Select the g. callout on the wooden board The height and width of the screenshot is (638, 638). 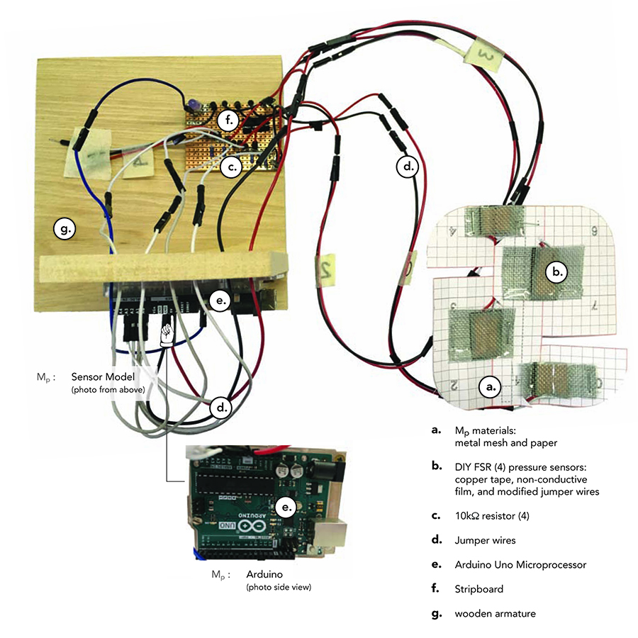[63, 229]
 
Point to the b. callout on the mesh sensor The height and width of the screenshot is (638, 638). [557, 270]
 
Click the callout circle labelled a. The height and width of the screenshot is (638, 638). [491, 386]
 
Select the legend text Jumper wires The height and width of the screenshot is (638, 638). [485, 540]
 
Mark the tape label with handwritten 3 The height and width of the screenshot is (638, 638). [483, 53]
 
